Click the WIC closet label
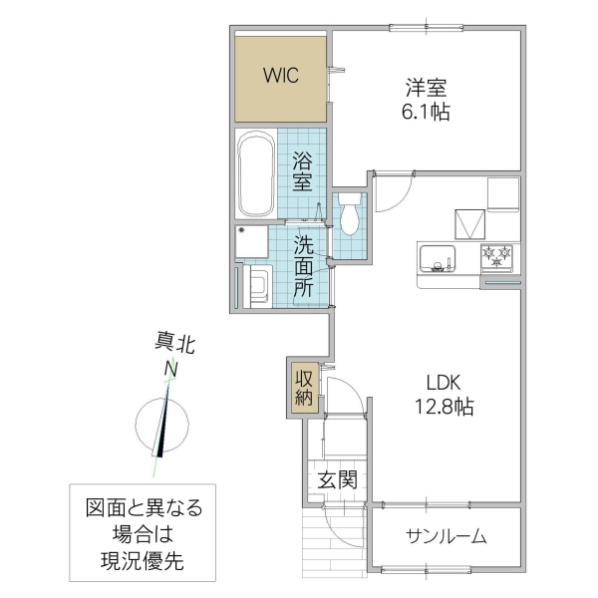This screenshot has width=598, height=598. click(x=282, y=76)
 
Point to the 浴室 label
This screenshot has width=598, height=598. click(x=303, y=170)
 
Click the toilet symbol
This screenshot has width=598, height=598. click(x=348, y=214)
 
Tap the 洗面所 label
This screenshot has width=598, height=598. click(x=303, y=266)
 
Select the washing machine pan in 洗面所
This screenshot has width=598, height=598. click(x=257, y=286)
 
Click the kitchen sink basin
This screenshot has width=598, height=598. click(x=435, y=258)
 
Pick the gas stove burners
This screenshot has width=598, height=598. click(x=497, y=258)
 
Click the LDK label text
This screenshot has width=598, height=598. click(x=446, y=382)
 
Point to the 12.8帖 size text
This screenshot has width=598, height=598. click(x=446, y=407)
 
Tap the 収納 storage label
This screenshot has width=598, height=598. click(x=303, y=388)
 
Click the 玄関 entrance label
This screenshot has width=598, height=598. click(x=338, y=479)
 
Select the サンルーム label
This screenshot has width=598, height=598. click(x=446, y=537)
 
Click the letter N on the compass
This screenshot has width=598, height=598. click(x=171, y=370)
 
